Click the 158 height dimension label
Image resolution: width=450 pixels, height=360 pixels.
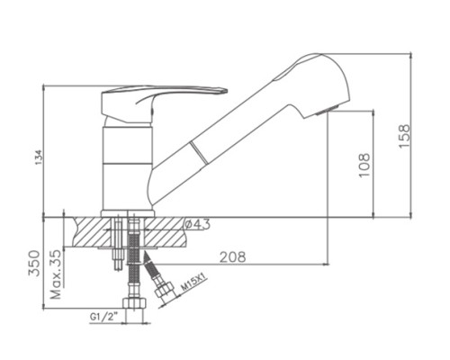[x=404, y=136]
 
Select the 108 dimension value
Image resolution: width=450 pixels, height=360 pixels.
[x=364, y=165]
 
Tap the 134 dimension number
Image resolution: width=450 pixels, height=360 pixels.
[x=40, y=157]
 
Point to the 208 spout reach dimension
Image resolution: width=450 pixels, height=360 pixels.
[x=232, y=257]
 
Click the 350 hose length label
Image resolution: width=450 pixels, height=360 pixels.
[x=34, y=263]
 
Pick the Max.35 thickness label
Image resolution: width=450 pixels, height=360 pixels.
[x=56, y=274]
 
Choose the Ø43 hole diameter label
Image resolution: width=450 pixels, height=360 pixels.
[x=197, y=224]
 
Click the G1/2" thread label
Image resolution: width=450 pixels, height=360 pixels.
[x=103, y=316]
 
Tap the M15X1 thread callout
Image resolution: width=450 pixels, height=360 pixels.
[x=194, y=283]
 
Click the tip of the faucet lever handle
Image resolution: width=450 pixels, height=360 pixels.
[x=227, y=90]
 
